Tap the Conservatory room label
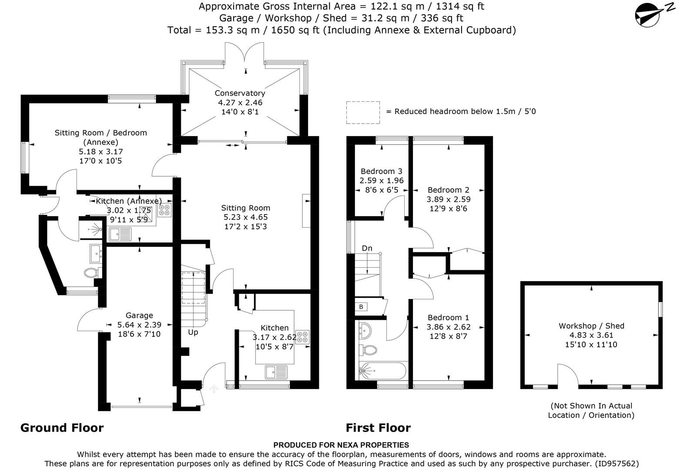point(240,93)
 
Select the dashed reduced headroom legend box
point(363,112)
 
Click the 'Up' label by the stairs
point(193,332)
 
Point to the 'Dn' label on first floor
point(367,248)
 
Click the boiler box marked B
point(361,307)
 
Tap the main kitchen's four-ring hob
point(303,337)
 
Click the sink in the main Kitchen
point(276,373)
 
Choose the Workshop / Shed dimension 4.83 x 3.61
point(591,335)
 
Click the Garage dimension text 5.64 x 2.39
point(139,325)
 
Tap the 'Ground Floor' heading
point(62,428)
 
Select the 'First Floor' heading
point(378,428)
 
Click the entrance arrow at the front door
point(214,389)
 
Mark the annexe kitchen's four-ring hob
point(164,210)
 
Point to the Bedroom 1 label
point(448,318)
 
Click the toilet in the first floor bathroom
point(370,349)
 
